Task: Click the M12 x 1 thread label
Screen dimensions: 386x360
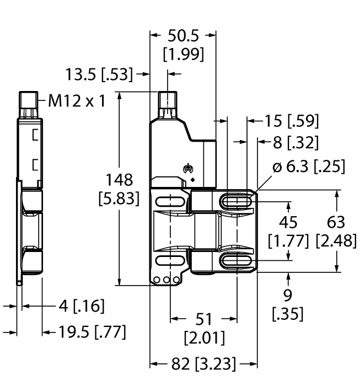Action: (77, 101)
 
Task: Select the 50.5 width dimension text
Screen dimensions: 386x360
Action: (183, 36)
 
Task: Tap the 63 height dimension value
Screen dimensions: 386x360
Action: (336, 222)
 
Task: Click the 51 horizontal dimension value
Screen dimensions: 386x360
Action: (203, 319)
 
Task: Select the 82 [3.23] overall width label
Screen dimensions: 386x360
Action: (203, 363)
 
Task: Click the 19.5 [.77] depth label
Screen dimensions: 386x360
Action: (90, 332)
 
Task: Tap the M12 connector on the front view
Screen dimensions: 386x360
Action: (168, 103)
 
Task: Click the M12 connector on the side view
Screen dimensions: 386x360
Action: (27, 103)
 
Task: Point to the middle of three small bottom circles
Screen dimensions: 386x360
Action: (167, 280)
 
